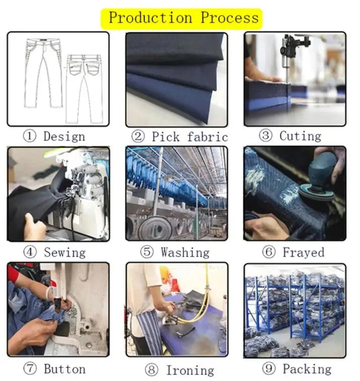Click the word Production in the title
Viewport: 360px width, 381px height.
(x=150, y=18)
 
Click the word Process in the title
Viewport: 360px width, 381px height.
(x=230, y=18)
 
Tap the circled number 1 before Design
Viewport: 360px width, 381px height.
(x=30, y=136)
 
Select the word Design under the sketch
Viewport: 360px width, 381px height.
(x=64, y=137)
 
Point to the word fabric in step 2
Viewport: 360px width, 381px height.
(x=207, y=137)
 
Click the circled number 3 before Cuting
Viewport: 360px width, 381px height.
(x=265, y=136)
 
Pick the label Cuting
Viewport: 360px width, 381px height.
(x=300, y=136)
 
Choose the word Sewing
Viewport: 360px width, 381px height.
(x=64, y=252)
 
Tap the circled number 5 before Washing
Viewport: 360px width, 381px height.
(x=147, y=252)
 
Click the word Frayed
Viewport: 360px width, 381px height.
(x=304, y=252)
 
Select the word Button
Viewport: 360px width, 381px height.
(x=64, y=369)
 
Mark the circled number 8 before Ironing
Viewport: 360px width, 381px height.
(x=152, y=370)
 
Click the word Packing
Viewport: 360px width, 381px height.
(x=307, y=369)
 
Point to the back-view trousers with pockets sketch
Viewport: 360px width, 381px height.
(x=84, y=89)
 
